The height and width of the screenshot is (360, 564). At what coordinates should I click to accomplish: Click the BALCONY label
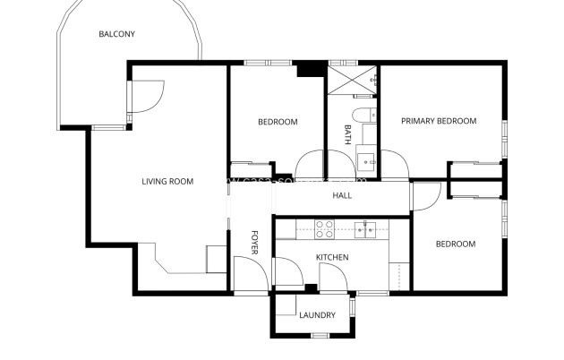tap(116, 35)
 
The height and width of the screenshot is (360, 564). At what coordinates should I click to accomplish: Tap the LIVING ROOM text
tap(167, 182)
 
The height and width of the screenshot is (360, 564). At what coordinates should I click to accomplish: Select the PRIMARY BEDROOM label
tap(438, 121)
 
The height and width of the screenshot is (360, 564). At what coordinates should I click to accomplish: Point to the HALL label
tap(342, 195)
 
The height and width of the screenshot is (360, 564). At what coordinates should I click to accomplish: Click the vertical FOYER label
tap(254, 243)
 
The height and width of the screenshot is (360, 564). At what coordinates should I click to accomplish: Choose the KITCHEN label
tap(331, 258)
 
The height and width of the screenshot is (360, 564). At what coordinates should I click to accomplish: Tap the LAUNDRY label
tap(317, 315)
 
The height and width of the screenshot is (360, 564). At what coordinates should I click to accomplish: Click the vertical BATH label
tap(347, 135)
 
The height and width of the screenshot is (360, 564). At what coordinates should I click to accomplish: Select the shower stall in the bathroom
tap(352, 78)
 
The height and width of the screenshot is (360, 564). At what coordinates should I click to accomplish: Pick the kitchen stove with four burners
tap(324, 229)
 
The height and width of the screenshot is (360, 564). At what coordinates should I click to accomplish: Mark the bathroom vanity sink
tap(368, 162)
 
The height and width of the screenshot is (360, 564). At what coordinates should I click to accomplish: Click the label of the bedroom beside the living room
tap(278, 122)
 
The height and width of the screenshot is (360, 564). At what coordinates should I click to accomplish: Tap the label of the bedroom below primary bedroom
tap(455, 244)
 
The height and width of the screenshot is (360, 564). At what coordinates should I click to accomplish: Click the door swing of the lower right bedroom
tap(428, 196)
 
